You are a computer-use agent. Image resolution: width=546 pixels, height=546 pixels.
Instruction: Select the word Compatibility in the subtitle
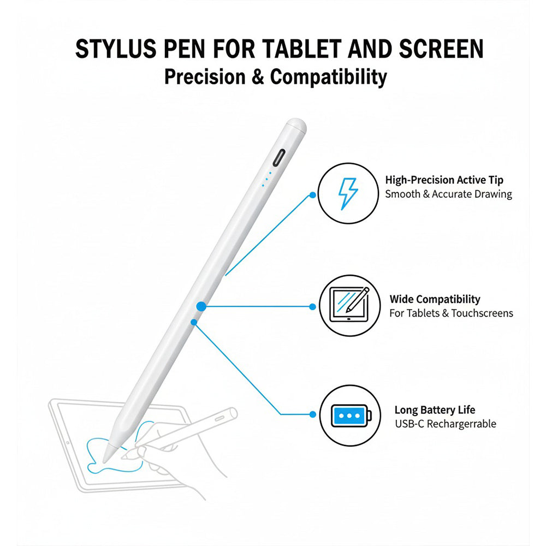pos(328,76)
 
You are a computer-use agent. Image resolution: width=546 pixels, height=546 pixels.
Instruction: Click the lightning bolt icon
pos(347,194)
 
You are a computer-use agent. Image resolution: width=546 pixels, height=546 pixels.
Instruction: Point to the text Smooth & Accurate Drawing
pos(448,194)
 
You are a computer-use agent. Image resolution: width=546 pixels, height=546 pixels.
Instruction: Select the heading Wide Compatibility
pos(435,299)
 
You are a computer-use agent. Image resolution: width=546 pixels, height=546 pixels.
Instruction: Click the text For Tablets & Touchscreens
pos(451,313)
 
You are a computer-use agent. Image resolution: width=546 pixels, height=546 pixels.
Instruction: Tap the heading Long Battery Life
pos(435,410)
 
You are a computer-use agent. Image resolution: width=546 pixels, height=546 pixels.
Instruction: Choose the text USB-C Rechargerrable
pos(445,424)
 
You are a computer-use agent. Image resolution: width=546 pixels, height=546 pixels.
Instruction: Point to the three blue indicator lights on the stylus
pos(266,180)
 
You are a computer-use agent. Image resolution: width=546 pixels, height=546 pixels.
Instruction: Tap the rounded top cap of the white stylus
pos(295,126)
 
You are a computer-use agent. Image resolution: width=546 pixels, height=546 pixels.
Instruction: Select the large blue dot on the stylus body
pos(201,307)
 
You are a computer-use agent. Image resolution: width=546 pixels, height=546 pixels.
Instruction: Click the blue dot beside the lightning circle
pos(312,194)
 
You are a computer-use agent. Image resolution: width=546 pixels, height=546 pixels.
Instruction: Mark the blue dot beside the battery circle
pos(312,415)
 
